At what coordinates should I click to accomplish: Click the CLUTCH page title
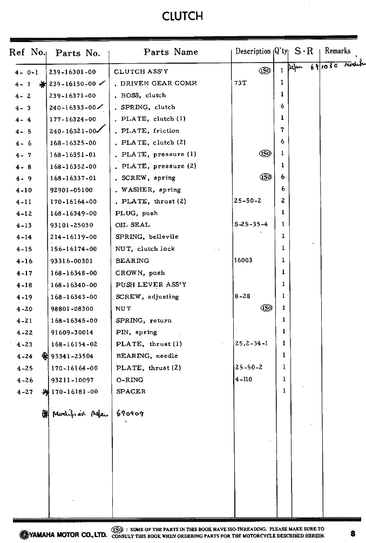click(x=182, y=16)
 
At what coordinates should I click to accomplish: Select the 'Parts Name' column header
click(x=171, y=52)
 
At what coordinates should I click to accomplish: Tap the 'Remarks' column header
click(x=337, y=51)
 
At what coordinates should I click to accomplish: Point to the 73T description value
click(x=240, y=83)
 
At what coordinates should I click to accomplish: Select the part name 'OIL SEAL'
click(x=133, y=225)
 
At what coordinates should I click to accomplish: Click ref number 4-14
click(x=24, y=237)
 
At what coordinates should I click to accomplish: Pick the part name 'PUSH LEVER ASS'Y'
click(x=151, y=284)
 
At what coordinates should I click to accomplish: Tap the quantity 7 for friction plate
click(x=282, y=131)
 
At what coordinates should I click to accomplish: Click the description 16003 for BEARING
click(x=243, y=260)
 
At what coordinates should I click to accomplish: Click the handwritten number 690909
click(x=131, y=413)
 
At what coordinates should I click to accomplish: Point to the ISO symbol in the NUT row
click(x=266, y=308)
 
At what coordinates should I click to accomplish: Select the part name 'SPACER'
click(x=131, y=391)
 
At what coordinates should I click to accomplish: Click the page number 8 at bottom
click(x=352, y=534)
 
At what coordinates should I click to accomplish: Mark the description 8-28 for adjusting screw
click(x=242, y=296)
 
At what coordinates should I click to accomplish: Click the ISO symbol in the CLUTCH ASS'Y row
click(x=265, y=71)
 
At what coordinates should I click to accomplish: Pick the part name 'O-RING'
click(x=130, y=379)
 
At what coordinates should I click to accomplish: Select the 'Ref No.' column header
click(x=27, y=52)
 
